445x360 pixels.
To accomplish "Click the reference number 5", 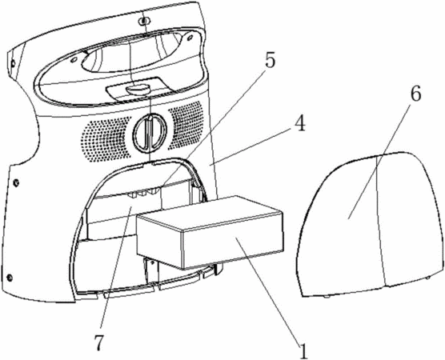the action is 270,60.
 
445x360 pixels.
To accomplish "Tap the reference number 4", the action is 299,124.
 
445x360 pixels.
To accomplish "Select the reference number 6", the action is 415,94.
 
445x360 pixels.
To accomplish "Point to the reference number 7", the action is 99,342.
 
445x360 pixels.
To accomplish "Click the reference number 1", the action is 303,350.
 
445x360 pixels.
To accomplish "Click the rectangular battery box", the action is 210,232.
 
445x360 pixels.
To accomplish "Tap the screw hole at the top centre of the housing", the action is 145,21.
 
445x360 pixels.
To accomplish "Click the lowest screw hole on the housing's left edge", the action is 10,277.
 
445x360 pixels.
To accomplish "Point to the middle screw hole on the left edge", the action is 17,183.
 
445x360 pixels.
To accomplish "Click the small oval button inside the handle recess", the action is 138,89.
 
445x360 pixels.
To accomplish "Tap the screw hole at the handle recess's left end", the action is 73,59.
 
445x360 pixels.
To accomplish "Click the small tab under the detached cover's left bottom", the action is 327,297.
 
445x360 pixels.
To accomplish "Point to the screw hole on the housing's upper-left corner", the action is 13,63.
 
